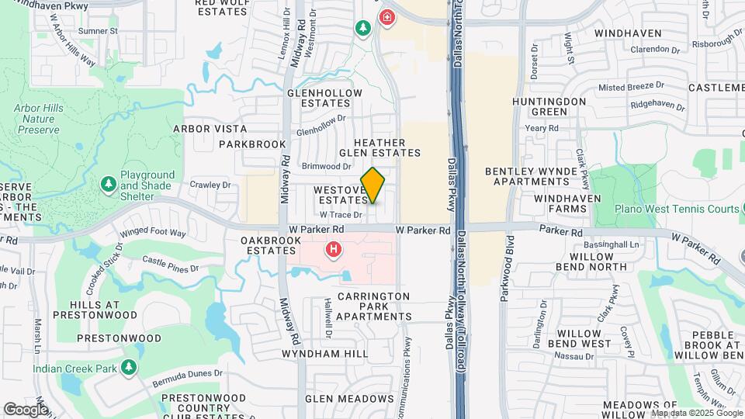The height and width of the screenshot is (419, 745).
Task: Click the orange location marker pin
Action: [x=372, y=185]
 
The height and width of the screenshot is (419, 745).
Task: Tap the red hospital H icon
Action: [x=334, y=249]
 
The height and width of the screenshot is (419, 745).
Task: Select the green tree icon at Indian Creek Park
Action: [x=129, y=366]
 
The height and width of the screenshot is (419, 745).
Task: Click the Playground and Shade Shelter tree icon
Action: [x=107, y=185]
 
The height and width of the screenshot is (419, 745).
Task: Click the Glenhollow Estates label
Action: [x=324, y=98]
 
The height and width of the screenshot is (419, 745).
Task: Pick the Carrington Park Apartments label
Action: [x=374, y=306]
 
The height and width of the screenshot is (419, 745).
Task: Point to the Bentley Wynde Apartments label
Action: [x=531, y=176]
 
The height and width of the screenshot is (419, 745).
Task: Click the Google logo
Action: [x=26, y=409]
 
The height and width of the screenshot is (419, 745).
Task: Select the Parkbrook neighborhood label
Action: [x=252, y=144]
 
